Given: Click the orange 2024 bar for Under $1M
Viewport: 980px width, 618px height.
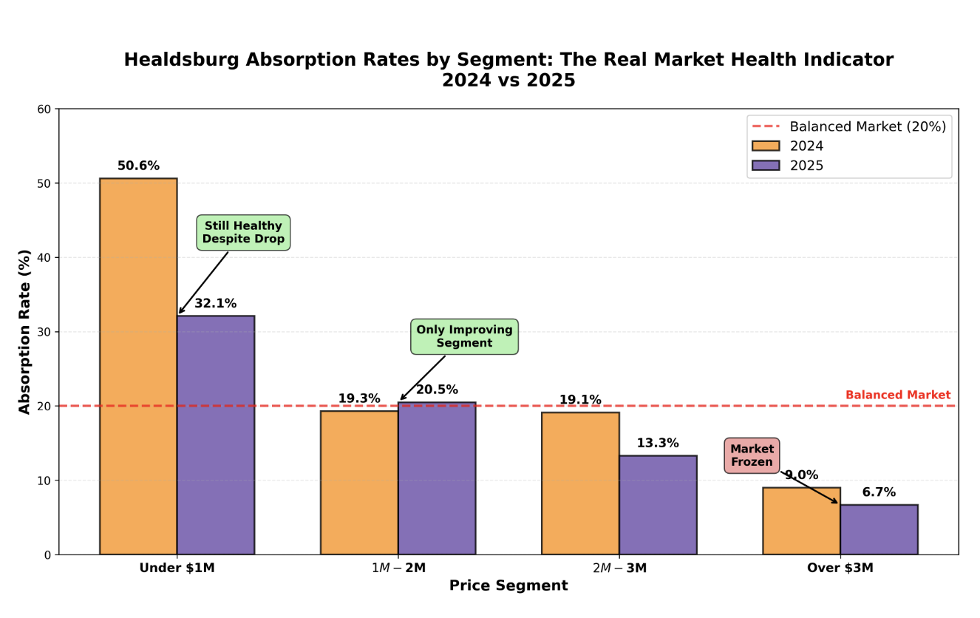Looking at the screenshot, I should click(138, 366).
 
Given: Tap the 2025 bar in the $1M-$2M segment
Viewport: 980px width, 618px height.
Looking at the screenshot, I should click(436, 478).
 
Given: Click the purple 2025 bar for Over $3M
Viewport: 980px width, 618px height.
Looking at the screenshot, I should click(879, 529).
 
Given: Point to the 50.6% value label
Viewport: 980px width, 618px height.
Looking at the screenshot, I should click(138, 166).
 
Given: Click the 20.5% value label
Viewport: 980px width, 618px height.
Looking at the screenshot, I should click(437, 390).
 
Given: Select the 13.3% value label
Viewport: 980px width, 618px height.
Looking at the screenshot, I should click(658, 444).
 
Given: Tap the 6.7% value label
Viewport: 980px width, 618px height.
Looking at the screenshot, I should click(879, 492).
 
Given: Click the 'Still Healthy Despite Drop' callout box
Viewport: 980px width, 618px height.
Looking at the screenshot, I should click(243, 233).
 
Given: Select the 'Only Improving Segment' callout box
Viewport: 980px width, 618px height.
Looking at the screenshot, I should click(464, 337).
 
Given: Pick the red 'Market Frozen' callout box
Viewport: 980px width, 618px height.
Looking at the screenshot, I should click(752, 455).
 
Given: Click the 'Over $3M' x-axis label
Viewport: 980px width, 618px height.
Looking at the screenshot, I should click(840, 568).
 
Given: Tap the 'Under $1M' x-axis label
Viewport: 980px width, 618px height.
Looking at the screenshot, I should click(177, 568).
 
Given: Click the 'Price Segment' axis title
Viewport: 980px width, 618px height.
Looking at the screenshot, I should click(508, 586).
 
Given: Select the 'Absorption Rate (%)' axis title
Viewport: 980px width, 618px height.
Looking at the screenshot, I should click(25, 331).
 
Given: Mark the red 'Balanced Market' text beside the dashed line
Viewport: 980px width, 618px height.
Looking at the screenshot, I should click(897, 395).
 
